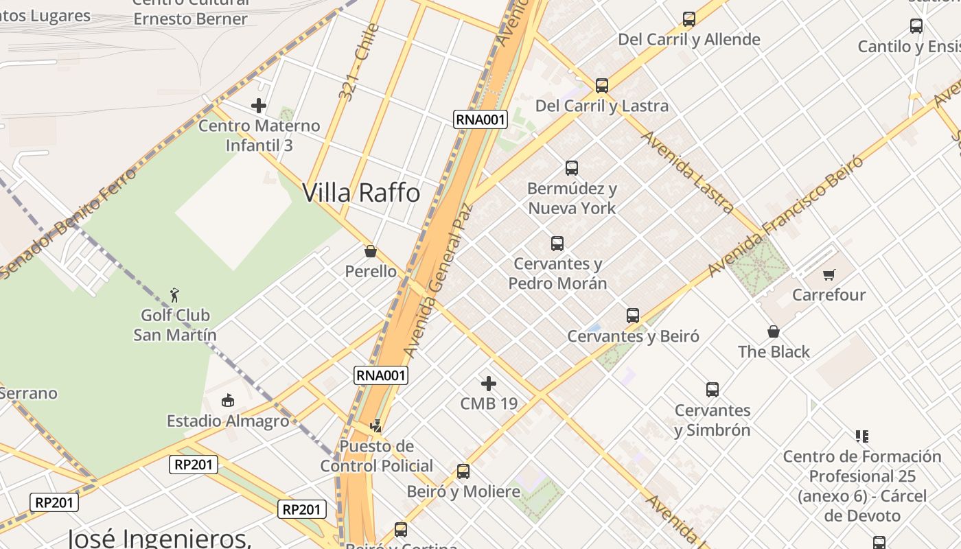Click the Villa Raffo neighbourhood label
pyautogui.click(x=361, y=193)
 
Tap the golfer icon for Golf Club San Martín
pyautogui.click(x=175, y=295)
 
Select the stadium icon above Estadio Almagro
pyautogui.click(x=228, y=400)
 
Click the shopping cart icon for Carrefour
pyautogui.click(x=829, y=274)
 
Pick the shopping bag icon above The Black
pyautogui.click(x=774, y=331)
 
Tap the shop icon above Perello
pyautogui.click(x=371, y=251)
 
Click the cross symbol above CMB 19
pyautogui.click(x=489, y=383)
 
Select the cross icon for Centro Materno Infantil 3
pyautogui.click(x=259, y=106)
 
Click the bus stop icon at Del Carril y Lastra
pyautogui.click(x=602, y=86)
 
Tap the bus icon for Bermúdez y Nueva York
pyautogui.click(x=572, y=167)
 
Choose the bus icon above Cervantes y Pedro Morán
pyautogui.click(x=557, y=243)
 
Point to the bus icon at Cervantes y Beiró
pyautogui.click(x=633, y=316)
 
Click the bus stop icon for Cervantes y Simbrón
pyautogui.click(x=713, y=390)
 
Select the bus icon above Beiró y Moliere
pyautogui.click(x=463, y=471)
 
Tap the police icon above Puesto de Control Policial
pyautogui.click(x=375, y=426)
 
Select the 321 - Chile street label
pyautogui.click(x=359, y=62)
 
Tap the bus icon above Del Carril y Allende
pyautogui.click(x=689, y=19)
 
